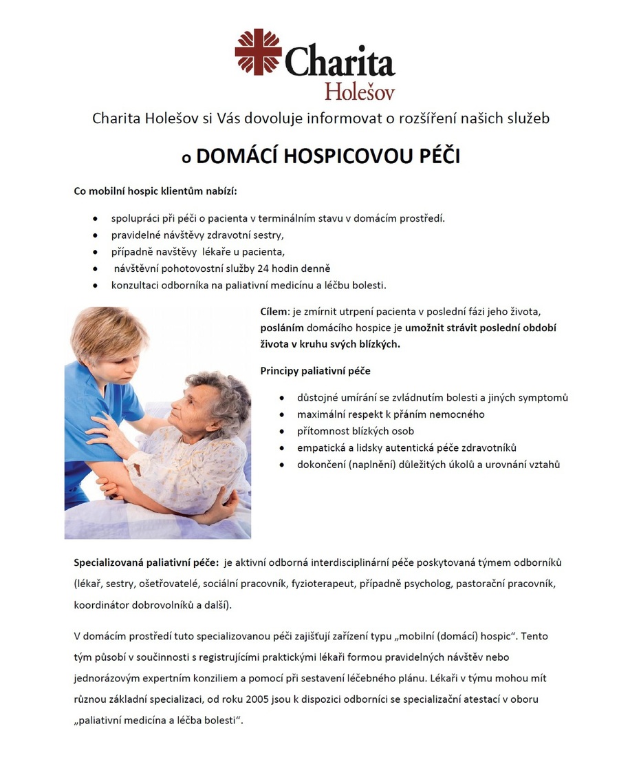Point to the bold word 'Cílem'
click(274, 312)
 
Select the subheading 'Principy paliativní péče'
click(315, 371)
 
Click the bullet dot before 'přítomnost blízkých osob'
click(282, 432)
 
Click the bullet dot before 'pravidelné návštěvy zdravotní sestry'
click(95, 235)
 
